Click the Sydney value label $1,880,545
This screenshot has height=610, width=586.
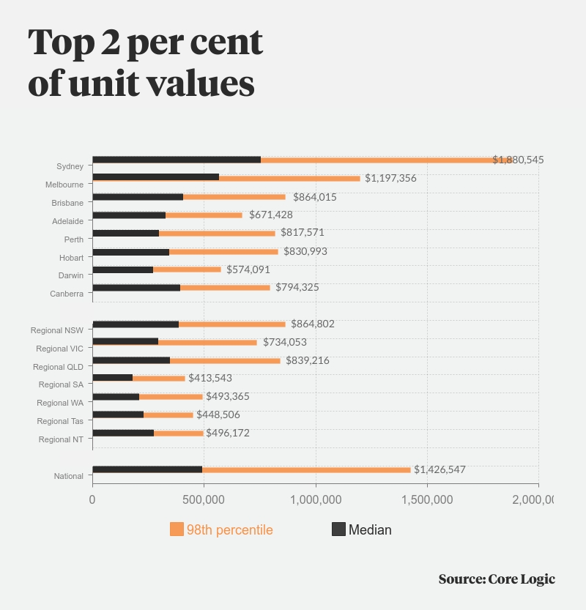[518, 160]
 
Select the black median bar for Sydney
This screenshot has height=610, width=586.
[177, 160]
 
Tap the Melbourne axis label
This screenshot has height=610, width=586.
[64, 185]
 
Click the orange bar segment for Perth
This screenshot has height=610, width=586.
[217, 233]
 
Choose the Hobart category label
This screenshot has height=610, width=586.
[71, 258]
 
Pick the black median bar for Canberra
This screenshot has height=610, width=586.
[136, 288]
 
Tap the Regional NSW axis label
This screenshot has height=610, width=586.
[56, 331]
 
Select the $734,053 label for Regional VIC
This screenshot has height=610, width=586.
[284, 342]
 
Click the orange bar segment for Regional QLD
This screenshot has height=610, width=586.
[225, 360]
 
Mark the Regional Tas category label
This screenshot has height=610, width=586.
[60, 421]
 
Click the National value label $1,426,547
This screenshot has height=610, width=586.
[439, 469]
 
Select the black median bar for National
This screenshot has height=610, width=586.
[147, 469]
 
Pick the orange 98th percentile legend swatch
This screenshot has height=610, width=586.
[177, 529]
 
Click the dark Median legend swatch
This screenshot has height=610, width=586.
[338, 529]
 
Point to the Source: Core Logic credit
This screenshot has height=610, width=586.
[497, 579]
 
